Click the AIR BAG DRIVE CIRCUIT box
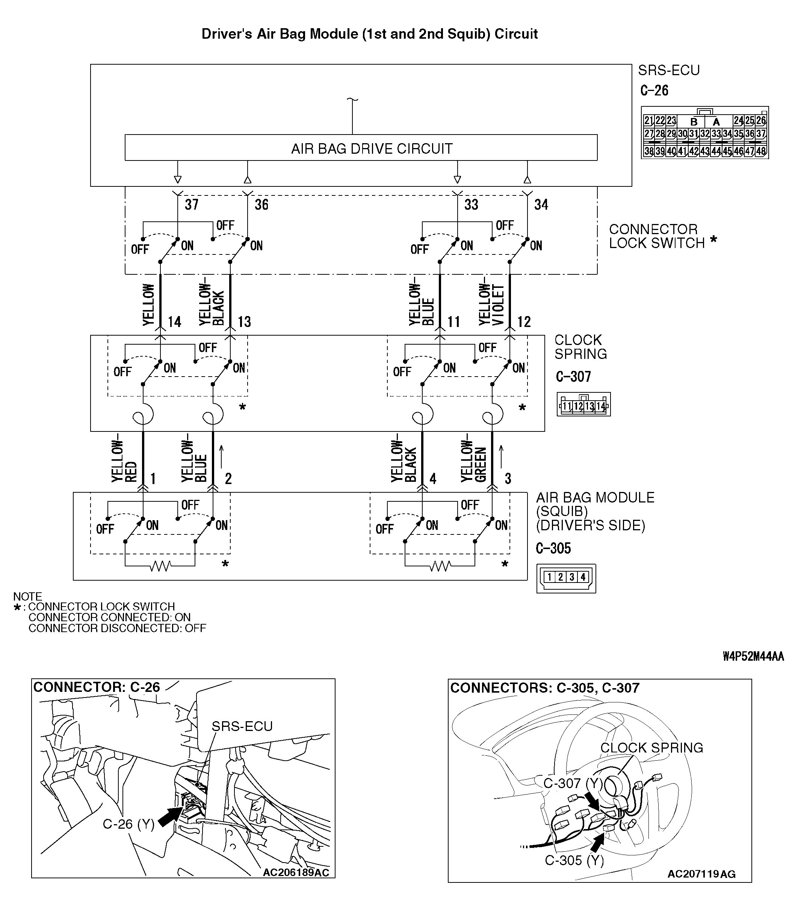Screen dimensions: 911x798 coord(361,148)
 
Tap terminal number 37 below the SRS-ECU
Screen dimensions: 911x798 coord(192,204)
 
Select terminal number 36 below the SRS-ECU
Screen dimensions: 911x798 coord(261,204)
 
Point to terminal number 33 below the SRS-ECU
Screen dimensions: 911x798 coord(471,204)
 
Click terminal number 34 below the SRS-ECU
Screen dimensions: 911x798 coord(541,204)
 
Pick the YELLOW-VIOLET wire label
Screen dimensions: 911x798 coord(491,304)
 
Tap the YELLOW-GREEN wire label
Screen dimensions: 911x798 coord(473,461)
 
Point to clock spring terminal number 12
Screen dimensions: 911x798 coord(524,322)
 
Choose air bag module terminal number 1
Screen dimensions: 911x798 coord(153,479)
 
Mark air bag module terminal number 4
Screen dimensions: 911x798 coord(432,479)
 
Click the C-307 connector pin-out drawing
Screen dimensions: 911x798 coord(583,404)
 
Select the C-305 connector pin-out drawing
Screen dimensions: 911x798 coord(566,578)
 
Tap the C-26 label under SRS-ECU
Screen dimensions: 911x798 coord(654,91)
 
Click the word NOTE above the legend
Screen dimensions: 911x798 coord(27,596)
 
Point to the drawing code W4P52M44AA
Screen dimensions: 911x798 coord(753,656)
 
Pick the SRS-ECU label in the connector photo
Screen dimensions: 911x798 coord(242,726)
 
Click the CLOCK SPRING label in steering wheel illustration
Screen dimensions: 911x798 coord(651,748)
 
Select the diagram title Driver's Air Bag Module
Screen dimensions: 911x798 coord(370,34)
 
